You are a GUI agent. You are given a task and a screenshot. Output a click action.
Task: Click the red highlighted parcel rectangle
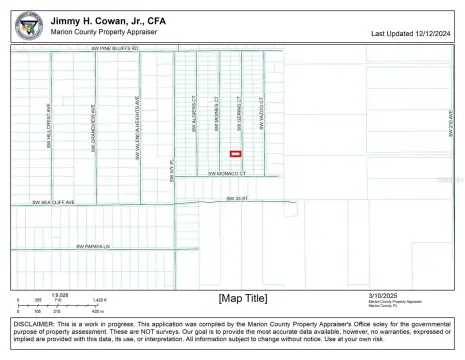pos(236,153)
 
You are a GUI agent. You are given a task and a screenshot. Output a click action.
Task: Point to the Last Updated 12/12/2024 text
pos(411,33)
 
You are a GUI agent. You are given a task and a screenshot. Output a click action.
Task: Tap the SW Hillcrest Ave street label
pos(48,128)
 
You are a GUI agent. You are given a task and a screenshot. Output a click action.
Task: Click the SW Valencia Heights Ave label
pos(137,122)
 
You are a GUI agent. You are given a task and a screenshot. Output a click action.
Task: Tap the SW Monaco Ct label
pos(226,174)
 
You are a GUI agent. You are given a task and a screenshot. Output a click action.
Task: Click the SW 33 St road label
pos(235,199)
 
